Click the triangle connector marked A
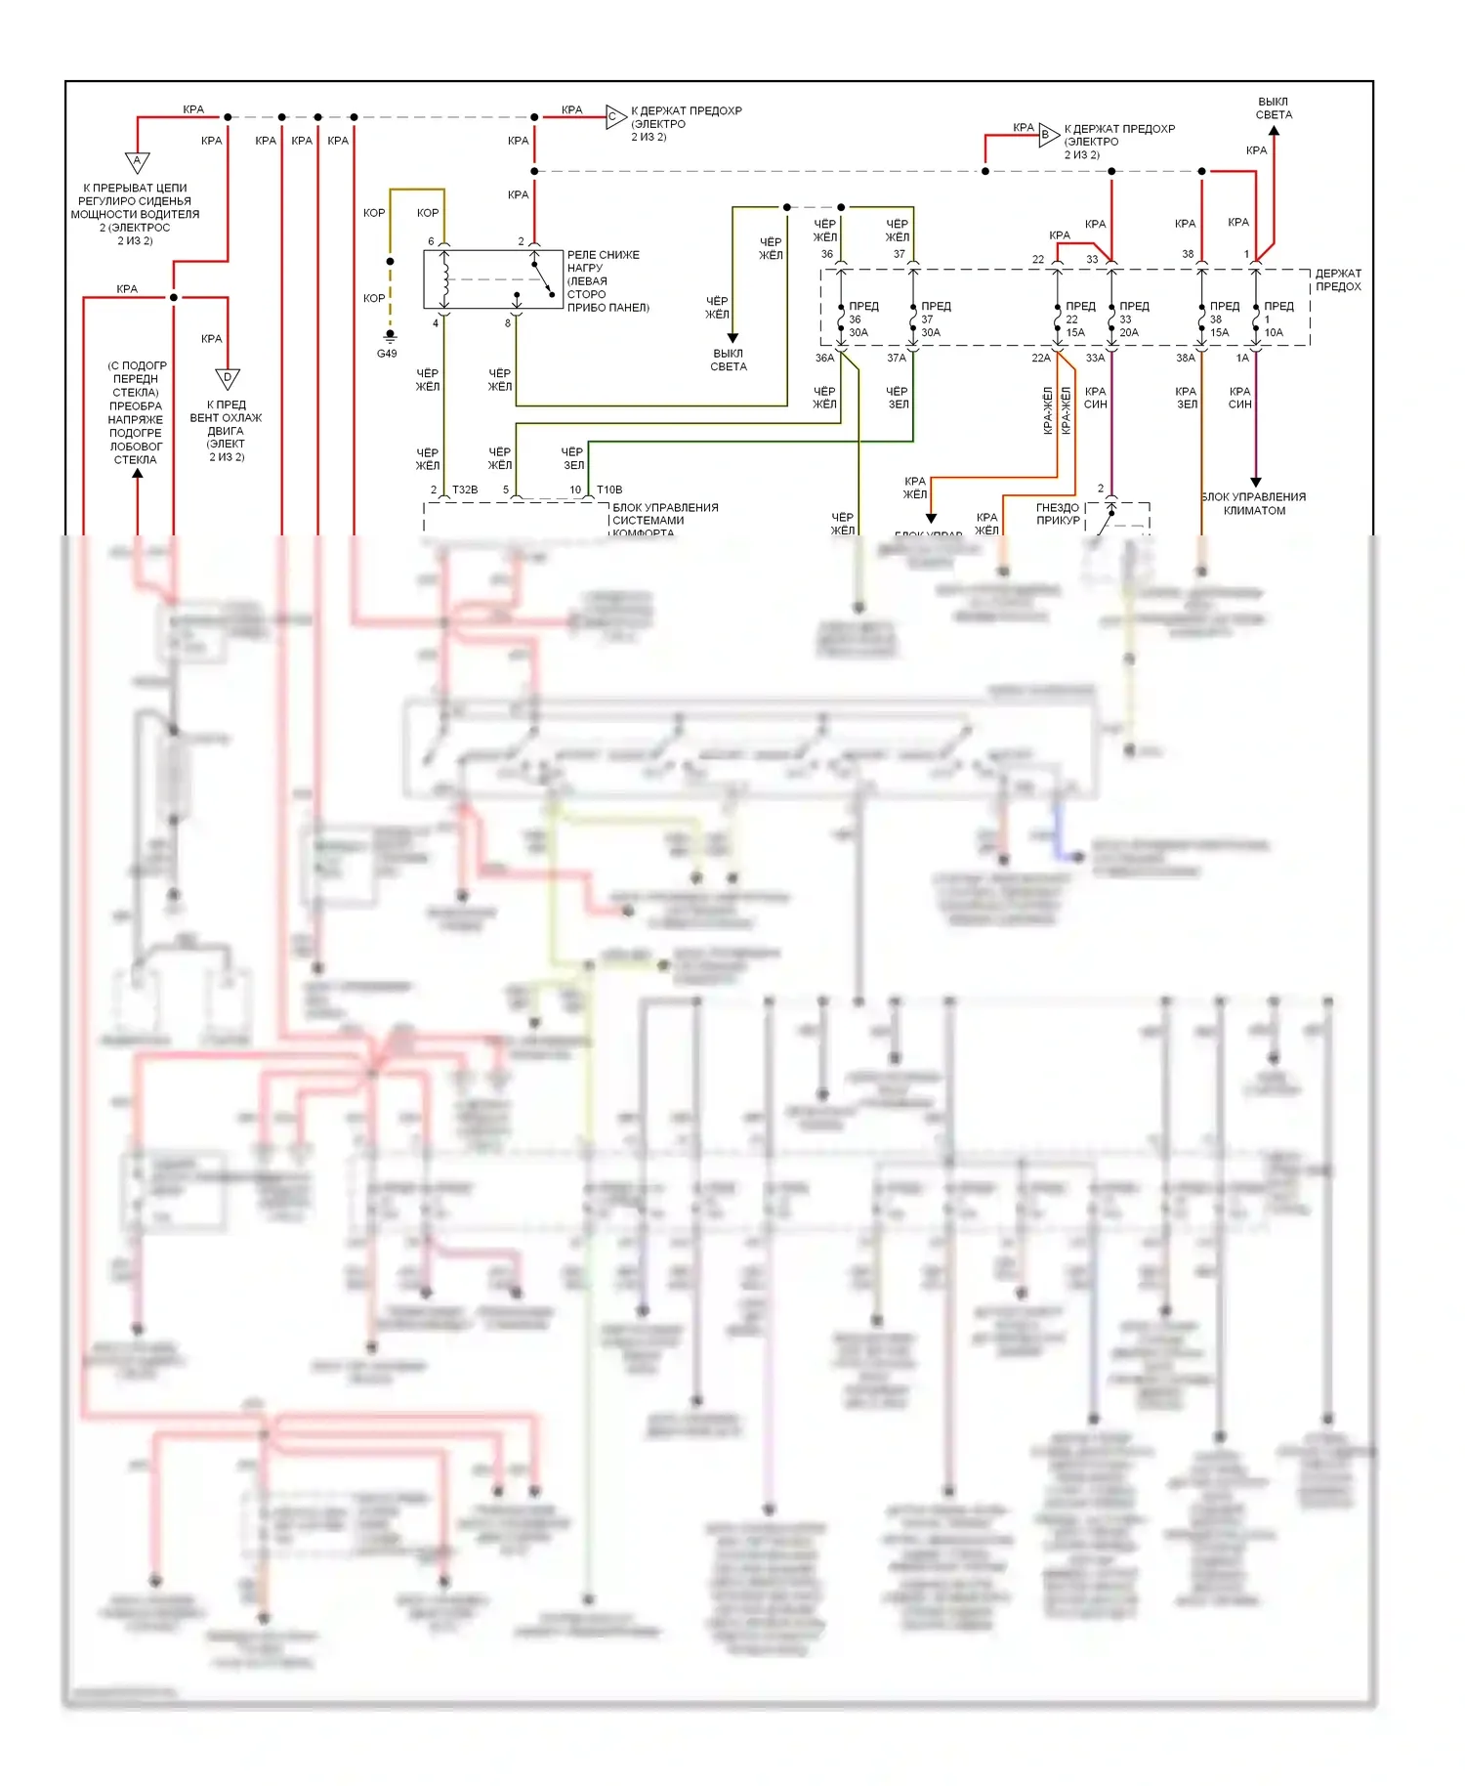[x=137, y=161]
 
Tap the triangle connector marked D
[x=227, y=378]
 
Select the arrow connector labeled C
[x=614, y=117]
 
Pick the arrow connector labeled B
[x=1047, y=136]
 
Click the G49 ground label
[x=387, y=354]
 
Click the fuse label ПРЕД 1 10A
[x=1277, y=319]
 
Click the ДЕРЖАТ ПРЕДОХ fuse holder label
[x=1337, y=280]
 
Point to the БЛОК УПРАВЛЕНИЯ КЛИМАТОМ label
[x=1254, y=503]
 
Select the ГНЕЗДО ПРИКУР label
[x=1058, y=514]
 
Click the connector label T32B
[x=465, y=489]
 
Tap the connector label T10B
[x=609, y=489]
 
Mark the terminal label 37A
[x=897, y=359]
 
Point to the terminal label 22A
[x=1041, y=359]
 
